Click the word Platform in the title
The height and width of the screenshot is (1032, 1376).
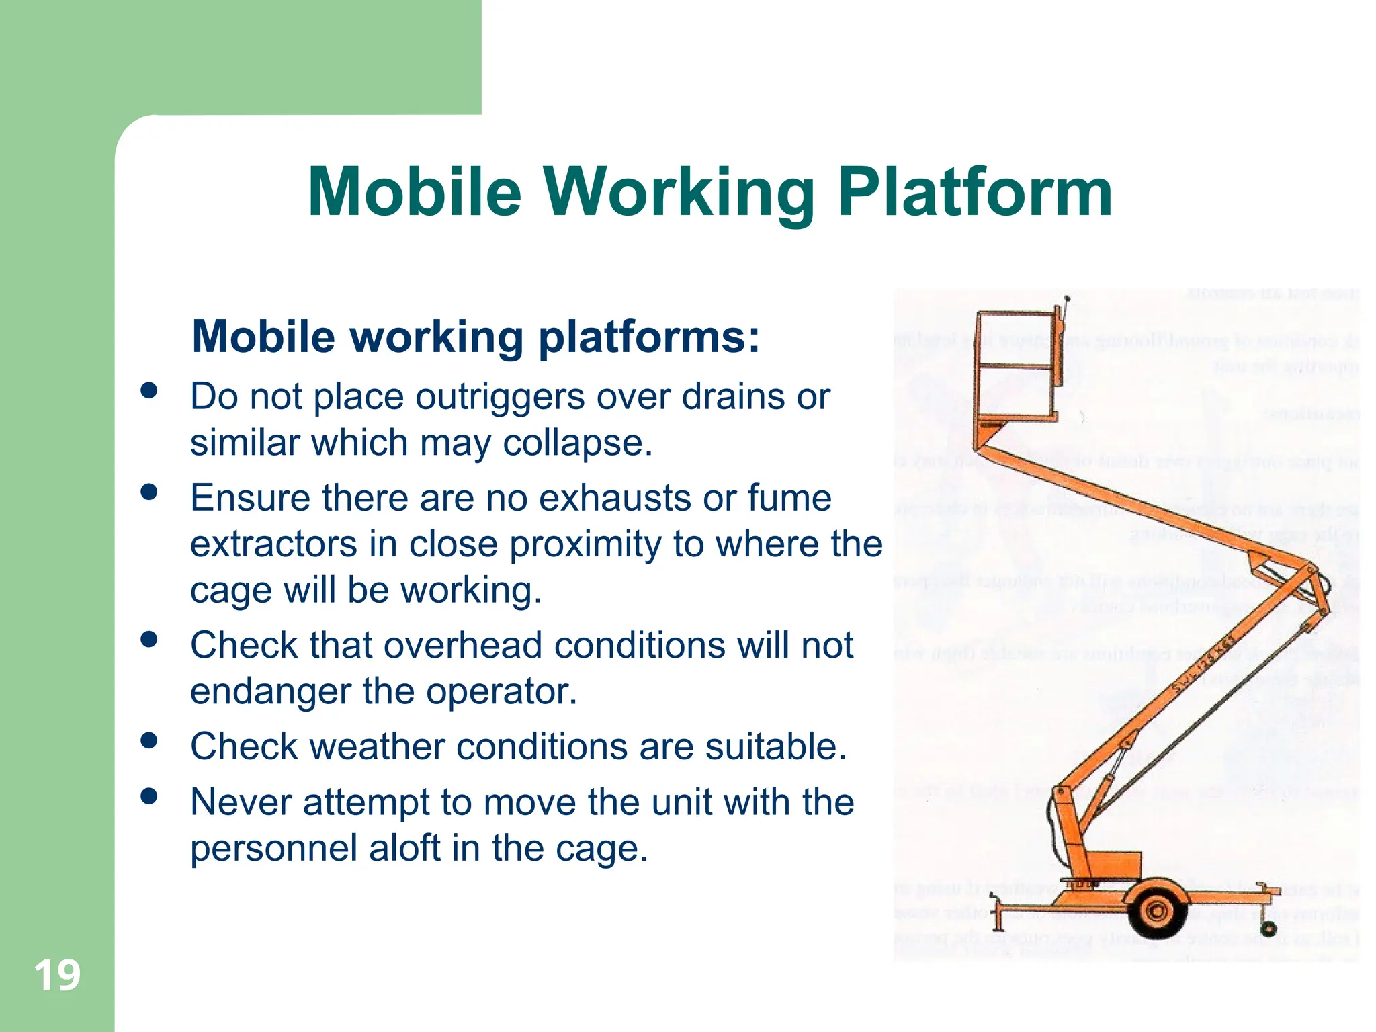pos(975,193)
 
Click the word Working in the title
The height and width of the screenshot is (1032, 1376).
pos(679,193)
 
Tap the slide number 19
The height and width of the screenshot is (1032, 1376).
pos(57,976)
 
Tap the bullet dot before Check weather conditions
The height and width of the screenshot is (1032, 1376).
pos(149,741)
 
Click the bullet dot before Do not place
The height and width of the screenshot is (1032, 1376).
pos(149,391)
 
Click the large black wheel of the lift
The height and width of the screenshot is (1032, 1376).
pos(1157,912)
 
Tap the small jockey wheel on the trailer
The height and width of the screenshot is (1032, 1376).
pos(1268,929)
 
